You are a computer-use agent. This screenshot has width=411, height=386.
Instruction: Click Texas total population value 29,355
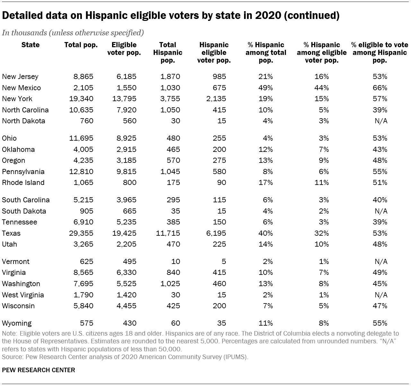[81, 233]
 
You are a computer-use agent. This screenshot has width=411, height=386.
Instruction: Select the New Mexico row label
[21, 88]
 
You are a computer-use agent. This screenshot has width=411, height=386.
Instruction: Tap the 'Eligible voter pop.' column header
[124, 49]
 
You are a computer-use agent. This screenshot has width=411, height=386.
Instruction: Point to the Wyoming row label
[17, 323]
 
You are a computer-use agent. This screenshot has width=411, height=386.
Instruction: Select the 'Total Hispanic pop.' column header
[168, 52]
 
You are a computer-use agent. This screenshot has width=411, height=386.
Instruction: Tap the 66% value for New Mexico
[380, 88]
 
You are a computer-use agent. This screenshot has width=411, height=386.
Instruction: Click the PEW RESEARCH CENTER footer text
[39, 370]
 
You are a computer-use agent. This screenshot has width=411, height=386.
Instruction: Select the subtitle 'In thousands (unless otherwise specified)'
[73, 33]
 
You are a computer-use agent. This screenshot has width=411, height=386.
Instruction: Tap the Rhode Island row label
[23, 182]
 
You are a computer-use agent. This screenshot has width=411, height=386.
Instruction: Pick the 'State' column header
[31, 45]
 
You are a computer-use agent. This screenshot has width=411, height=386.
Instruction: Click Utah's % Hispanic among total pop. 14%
[266, 244]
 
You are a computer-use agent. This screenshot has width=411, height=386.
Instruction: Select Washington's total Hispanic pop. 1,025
[170, 284]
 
